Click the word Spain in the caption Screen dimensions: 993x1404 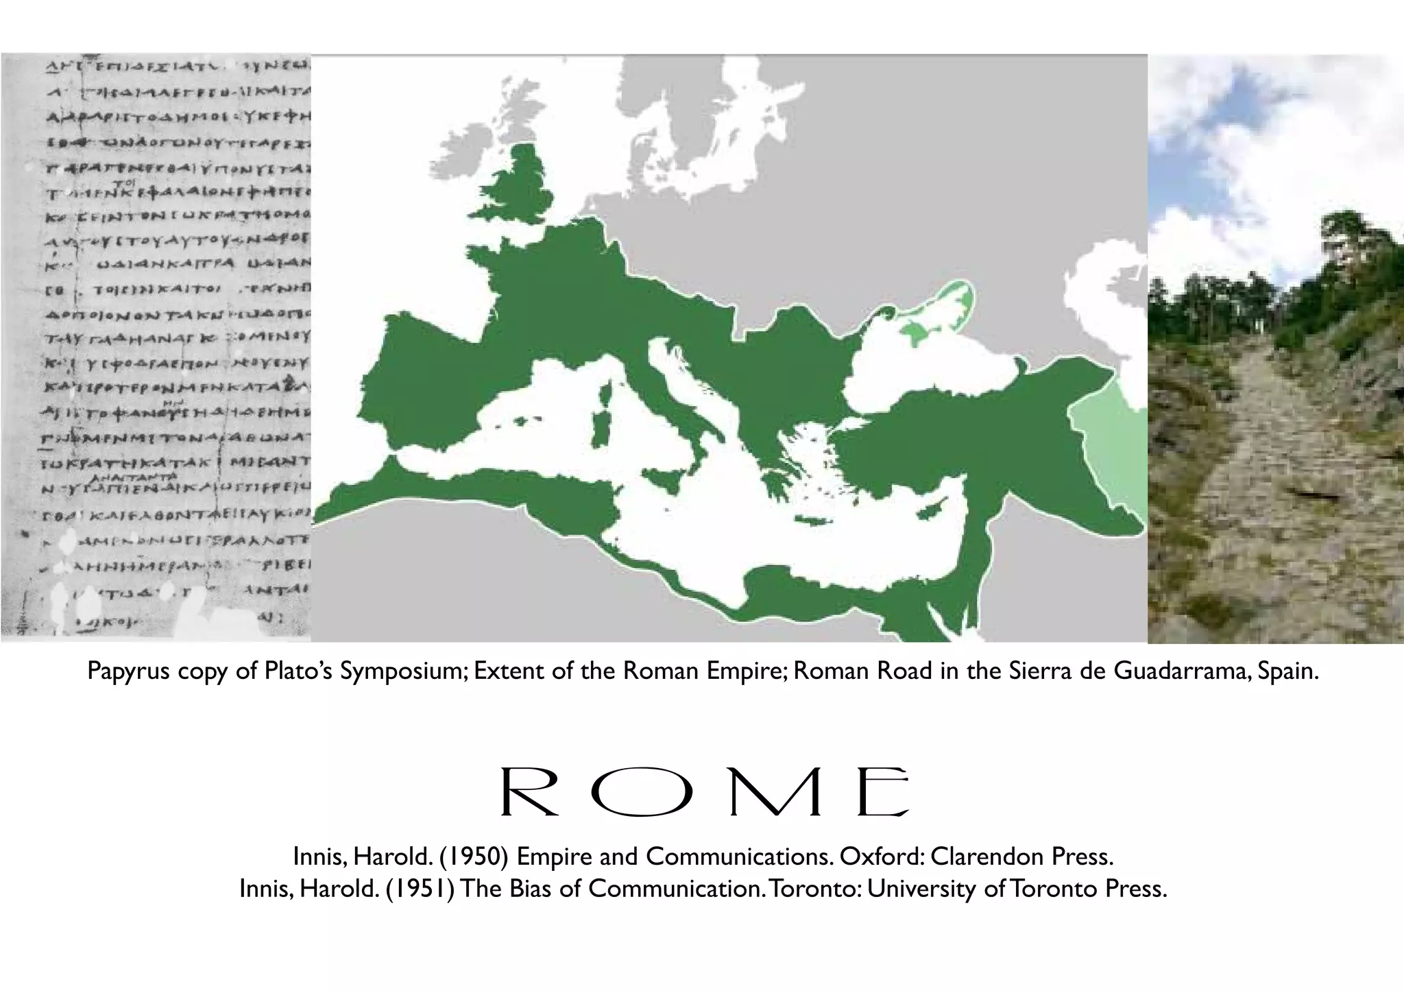tap(1287, 672)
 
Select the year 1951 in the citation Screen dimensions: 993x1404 tap(420, 889)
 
